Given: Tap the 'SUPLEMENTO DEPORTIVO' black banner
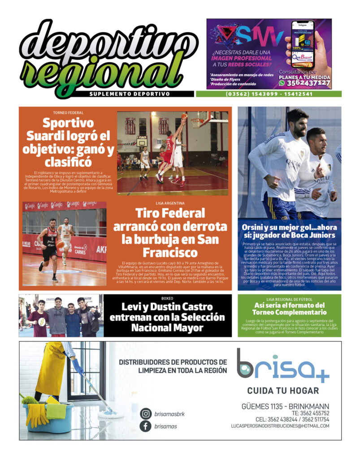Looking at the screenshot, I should [x=130, y=94].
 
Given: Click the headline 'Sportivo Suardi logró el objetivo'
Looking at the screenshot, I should [x=68, y=142].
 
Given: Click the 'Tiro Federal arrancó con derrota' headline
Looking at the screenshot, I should [x=169, y=232].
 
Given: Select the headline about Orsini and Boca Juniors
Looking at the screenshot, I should [x=289, y=231].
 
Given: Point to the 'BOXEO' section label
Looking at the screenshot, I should [x=167, y=298].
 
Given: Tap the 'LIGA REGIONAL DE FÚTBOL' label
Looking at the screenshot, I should [x=289, y=299].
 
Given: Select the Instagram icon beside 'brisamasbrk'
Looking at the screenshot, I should [x=146, y=414].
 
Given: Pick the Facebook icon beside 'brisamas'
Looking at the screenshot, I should [x=146, y=426].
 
